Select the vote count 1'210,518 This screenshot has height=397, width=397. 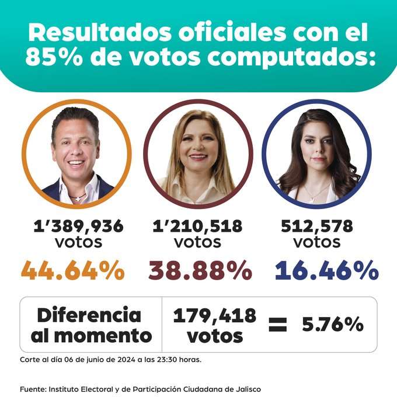click(197, 227)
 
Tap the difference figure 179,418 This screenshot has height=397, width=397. click(214, 316)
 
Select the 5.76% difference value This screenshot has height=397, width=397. click(333, 325)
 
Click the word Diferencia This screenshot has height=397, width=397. click(89, 315)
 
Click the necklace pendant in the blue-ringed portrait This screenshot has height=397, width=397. click(314, 198)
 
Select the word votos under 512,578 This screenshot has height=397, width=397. click(316, 241)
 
